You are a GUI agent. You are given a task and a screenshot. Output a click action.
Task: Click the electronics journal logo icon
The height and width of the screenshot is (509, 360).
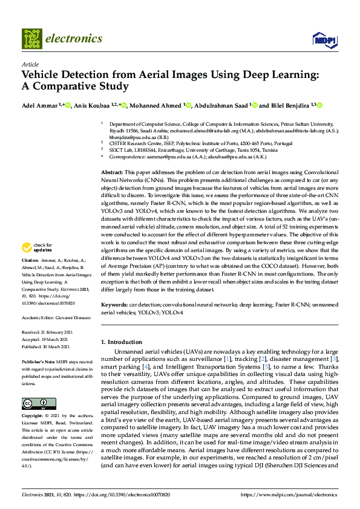32,39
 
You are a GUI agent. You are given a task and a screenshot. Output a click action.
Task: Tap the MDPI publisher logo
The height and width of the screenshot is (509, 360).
323,39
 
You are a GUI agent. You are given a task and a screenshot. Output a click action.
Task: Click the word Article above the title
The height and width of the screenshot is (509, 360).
30,65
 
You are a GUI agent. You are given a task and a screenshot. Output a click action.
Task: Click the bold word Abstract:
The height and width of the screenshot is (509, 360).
113,173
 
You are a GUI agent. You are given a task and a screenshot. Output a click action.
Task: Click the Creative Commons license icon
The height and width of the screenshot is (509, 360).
35,386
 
